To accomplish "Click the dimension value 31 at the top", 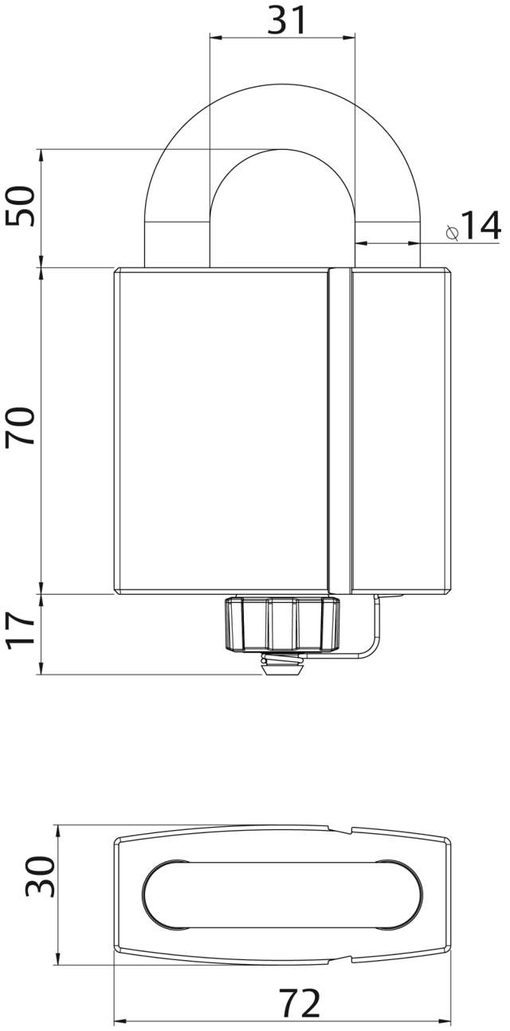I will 287,20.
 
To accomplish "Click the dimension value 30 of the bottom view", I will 40,876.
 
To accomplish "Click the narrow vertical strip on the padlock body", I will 339,431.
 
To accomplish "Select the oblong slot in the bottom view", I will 280,895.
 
